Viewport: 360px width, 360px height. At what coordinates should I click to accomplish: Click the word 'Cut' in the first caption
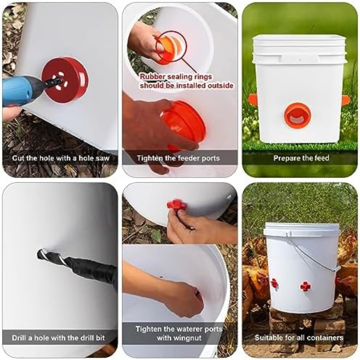(x=18, y=158)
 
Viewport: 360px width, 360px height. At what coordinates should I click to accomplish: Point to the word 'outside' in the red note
(x=220, y=86)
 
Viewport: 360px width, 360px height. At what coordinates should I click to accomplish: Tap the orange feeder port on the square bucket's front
(x=298, y=115)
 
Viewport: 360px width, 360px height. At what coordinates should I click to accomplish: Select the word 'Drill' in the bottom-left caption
(x=19, y=338)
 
